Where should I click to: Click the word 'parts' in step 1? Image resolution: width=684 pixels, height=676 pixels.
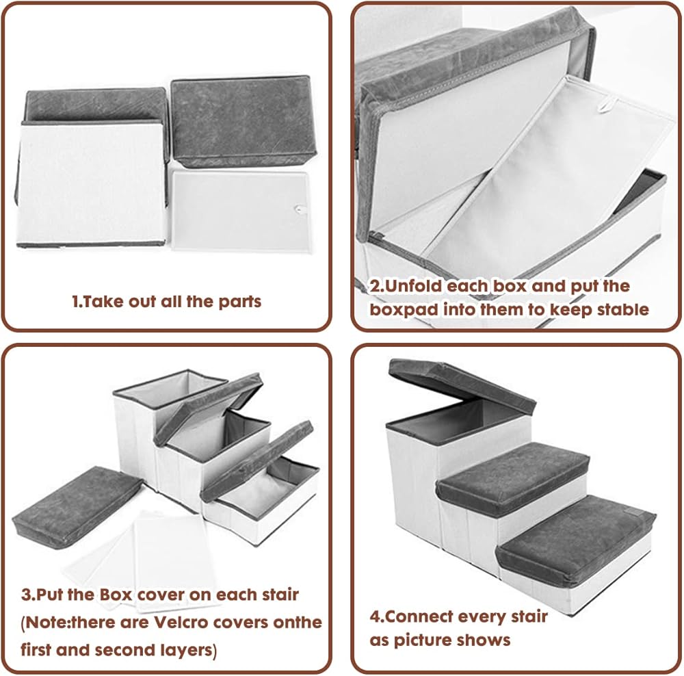point(239,302)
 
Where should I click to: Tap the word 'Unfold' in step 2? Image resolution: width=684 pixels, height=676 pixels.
point(413,286)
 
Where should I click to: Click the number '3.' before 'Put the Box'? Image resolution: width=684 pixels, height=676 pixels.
point(27,595)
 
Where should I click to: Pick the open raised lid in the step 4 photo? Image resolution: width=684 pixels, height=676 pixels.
point(462,386)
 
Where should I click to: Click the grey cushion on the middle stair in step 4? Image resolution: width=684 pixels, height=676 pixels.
point(514,478)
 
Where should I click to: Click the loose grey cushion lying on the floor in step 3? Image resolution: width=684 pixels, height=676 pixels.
point(77,507)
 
